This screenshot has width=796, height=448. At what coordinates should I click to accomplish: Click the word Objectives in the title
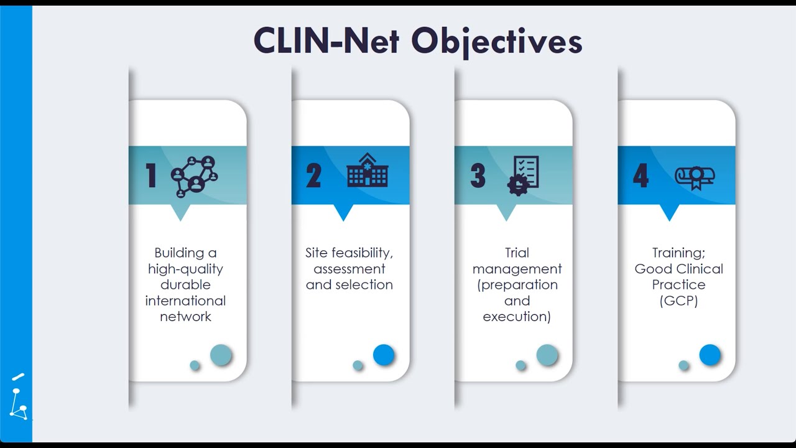tap(496, 42)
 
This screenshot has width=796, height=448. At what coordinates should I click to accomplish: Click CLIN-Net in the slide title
tap(326, 40)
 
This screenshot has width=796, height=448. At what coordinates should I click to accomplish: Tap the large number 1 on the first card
tap(151, 175)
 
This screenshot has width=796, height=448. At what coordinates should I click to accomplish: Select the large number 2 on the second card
tap(313, 175)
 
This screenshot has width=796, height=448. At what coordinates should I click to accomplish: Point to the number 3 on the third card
tap(478, 175)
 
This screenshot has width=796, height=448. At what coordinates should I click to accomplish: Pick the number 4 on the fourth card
tap(641, 175)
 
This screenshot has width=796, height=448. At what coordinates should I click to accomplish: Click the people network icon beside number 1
tap(195, 177)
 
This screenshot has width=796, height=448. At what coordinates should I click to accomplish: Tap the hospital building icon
tap(368, 170)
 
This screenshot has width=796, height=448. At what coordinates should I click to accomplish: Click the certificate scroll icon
tap(695, 178)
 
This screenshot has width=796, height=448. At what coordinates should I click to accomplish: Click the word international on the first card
tap(185, 301)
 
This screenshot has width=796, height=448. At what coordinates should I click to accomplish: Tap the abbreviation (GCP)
tap(678, 301)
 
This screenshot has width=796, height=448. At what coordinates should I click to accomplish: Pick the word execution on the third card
tap(517, 317)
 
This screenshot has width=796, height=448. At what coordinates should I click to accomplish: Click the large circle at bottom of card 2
tap(384, 355)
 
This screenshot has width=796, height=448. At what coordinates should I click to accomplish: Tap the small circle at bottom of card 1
tap(195, 365)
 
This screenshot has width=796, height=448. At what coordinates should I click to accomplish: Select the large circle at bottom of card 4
tap(710, 355)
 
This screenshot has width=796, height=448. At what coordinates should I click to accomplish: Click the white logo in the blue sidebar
tap(19, 397)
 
